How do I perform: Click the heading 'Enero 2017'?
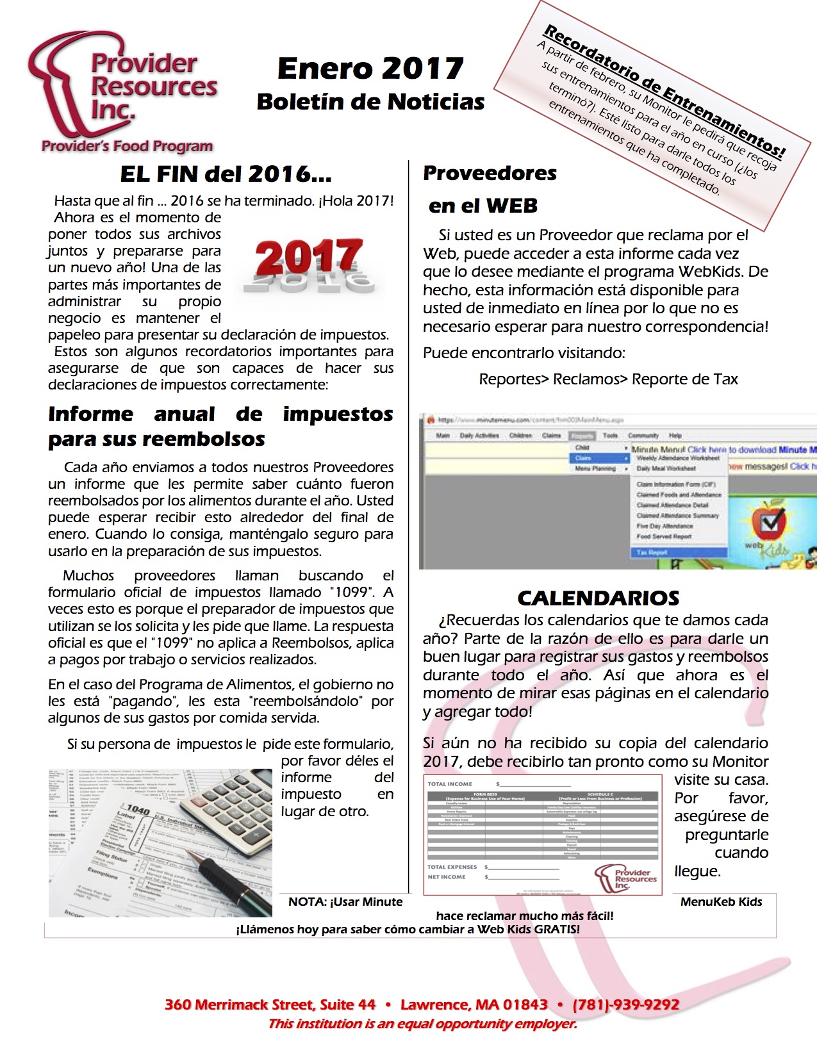click(370, 69)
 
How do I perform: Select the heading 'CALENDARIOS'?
click(598, 598)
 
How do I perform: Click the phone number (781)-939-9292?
click(625, 1004)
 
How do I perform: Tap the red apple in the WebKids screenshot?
click(769, 522)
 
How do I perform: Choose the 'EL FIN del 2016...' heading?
click(226, 174)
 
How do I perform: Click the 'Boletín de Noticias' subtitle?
click(370, 102)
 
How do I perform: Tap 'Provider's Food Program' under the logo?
click(127, 146)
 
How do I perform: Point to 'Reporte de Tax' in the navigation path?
click(684, 379)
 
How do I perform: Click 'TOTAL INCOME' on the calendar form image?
click(450, 784)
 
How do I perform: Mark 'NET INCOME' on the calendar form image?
click(447, 876)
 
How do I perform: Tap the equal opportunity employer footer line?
click(422, 1024)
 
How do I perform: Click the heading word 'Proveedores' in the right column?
click(490, 173)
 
